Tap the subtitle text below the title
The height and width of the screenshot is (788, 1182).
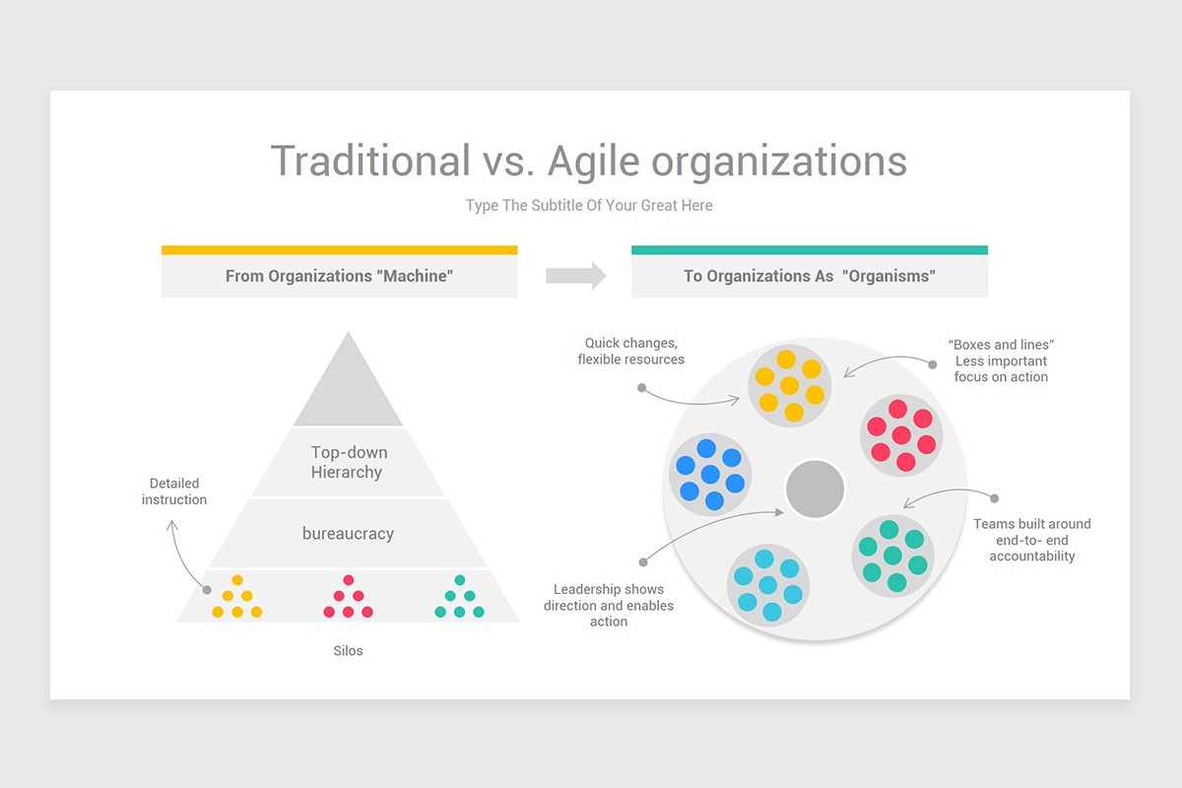(589, 206)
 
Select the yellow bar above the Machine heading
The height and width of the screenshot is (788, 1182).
(339, 250)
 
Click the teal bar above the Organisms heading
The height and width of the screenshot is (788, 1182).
(809, 250)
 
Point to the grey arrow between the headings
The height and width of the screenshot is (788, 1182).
(576, 276)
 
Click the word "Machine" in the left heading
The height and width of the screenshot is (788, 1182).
(414, 277)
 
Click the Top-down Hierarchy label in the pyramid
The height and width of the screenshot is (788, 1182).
(349, 462)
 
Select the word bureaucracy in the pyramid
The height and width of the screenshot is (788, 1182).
(348, 534)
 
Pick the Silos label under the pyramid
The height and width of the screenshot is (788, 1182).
(348, 651)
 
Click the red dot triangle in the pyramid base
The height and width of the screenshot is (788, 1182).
(348, 597)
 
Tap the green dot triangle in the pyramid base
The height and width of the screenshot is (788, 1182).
(459, 597)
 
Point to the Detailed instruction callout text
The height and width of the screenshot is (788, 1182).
(174, 492)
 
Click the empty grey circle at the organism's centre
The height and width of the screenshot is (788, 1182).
(815, 489)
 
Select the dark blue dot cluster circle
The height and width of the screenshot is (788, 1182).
(710, 474)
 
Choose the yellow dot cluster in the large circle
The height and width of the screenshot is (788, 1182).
(789, 385)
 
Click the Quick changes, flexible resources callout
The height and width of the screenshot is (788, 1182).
(630, 352)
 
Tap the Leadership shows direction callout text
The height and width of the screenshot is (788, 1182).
(609, 606)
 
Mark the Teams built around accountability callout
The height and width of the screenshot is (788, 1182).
(1032, 540)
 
